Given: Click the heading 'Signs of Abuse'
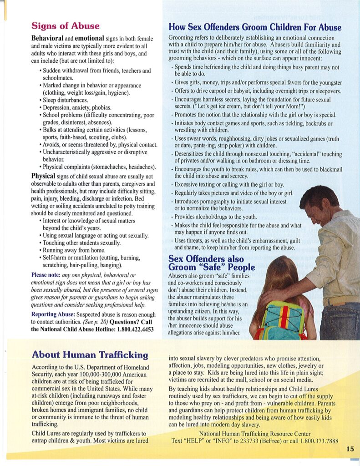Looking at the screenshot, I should click(65, 25).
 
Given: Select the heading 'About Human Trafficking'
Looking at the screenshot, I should click(90, 355).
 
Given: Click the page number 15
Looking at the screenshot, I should click(350, 449).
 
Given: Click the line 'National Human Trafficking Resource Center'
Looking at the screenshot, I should click(255, 433).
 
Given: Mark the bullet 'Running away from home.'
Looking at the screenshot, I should click(75, 250).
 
